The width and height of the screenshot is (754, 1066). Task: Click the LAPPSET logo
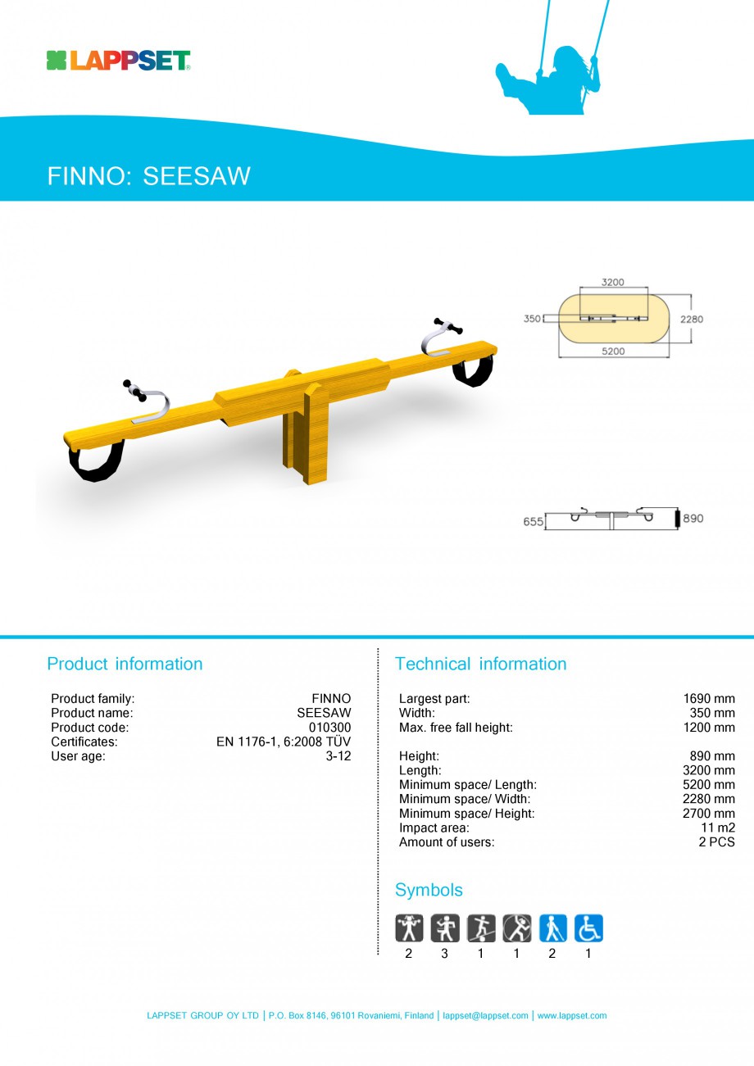[x=118, y=61]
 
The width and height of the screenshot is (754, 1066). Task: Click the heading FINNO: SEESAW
[x=148, y=176]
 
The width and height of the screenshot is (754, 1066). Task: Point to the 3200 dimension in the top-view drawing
[x=612, y=282]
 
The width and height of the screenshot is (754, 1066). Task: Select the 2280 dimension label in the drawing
[x=690, y=319]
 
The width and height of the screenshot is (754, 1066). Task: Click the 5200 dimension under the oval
[x=613, y=351]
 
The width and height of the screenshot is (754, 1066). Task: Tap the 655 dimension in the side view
[x=533, y=521]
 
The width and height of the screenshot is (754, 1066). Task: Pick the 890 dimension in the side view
[x=693, y=519]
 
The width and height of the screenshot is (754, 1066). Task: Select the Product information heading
[x=125, y=664]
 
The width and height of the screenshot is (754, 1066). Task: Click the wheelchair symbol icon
[x=588, y=928]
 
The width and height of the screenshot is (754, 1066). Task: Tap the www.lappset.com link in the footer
[x=572, y=1015]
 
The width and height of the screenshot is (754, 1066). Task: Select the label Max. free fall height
[x=456, y=728]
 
